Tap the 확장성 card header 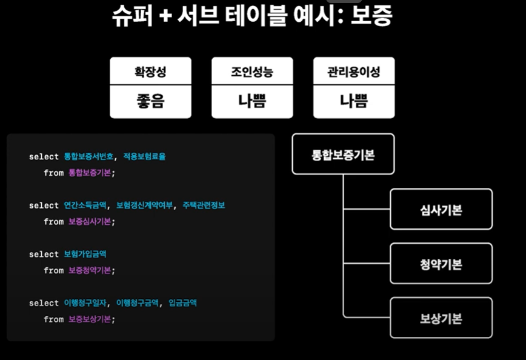[x=150, y=72]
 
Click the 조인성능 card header [x=252, y=72]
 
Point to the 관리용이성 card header [x=354, y=72]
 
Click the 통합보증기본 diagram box [x=343, y=155]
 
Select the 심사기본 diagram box [x=441, y=209]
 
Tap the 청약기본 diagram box [x=441, y=264]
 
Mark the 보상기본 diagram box [x=441, y=318]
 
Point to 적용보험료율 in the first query [x=144, y=157]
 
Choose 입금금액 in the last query [x=183, y=302]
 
